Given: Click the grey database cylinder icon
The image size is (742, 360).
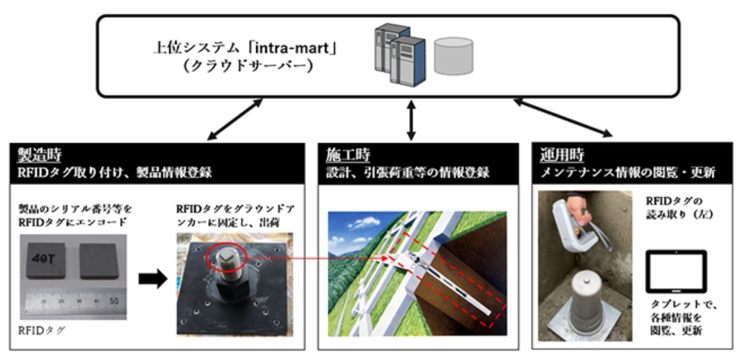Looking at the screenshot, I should [x=453, y=56].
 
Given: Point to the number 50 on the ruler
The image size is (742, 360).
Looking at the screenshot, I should [x=114, y=300].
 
